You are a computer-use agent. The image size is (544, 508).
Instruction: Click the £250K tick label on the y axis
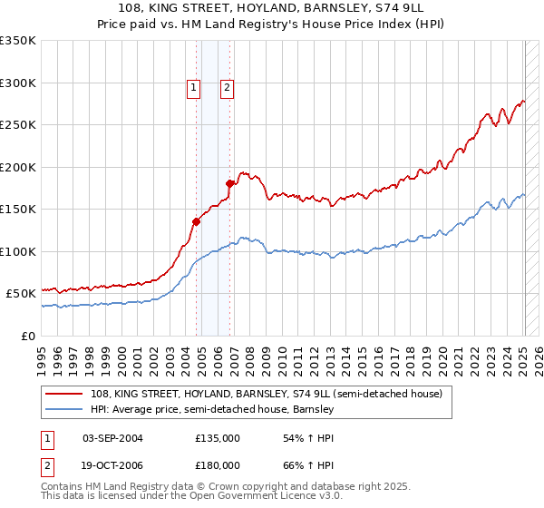click(x=18, y=125)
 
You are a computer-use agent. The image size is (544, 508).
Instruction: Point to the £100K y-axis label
click(x=18, y=251)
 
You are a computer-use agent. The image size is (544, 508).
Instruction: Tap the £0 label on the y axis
click(x=28, y=336)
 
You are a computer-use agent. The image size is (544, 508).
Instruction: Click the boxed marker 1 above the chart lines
click(x=194, y=88)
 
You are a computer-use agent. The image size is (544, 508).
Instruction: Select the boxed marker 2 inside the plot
click(x=227, y=88)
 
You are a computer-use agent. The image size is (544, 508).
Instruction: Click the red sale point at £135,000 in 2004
click(x=196, y=221)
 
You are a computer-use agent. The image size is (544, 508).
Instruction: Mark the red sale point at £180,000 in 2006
click(x=230, y=183)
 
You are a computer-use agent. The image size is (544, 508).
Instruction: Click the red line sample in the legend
click(x=65, y=394)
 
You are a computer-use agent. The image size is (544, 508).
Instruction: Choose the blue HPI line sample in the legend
click(x=65, y=409)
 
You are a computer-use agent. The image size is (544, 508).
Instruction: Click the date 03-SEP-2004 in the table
click(x=112, y=438)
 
